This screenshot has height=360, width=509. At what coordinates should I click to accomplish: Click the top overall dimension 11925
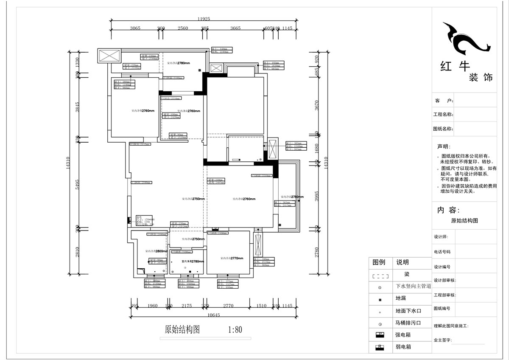click(204, 19)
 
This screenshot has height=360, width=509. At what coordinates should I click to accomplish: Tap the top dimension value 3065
click(135, 28)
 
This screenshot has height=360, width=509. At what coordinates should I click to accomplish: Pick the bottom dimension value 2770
click(228, 305)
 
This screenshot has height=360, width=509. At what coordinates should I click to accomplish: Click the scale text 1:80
click(235, 329)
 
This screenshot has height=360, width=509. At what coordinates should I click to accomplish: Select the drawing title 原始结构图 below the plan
click(182, 329)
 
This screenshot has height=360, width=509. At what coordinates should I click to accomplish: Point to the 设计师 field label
click(441, 237)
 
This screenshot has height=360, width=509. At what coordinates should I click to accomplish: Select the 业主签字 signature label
click(443, 340)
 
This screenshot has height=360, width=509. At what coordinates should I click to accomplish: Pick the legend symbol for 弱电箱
click(380, 347)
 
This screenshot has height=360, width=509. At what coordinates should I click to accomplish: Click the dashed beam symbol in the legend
click(380, 276)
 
